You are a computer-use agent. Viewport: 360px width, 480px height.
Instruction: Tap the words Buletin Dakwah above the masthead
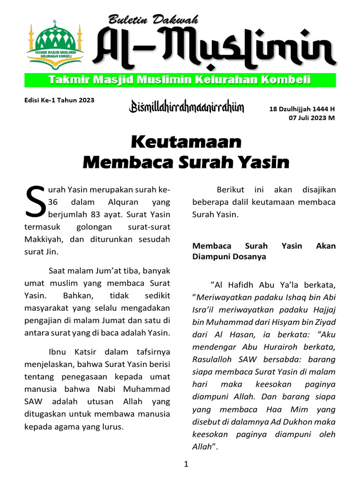(153, 20)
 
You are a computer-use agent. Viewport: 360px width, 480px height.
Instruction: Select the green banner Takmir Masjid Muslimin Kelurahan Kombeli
(180, 80)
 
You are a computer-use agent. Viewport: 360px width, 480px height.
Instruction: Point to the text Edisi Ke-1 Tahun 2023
(59, 100)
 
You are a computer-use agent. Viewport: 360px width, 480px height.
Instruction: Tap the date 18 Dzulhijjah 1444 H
(302, 109)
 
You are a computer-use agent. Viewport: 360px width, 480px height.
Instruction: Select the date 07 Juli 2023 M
(311, 118)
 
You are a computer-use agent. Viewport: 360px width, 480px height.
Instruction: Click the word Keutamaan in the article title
(186, 141)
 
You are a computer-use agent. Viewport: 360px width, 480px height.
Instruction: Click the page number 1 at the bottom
(186, 465)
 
